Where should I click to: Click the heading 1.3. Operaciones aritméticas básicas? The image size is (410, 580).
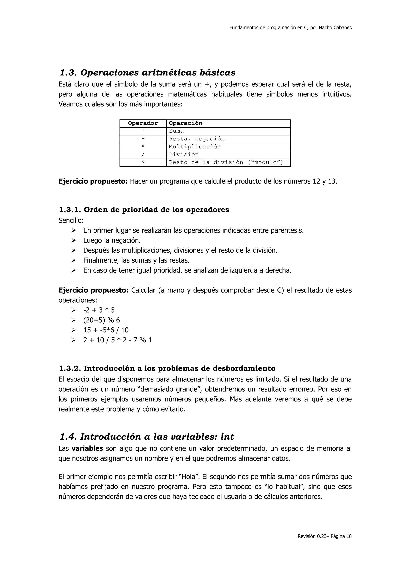(147, 73)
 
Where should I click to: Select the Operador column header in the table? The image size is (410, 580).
(143, 123)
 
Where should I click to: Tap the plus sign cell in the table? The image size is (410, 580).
(143, 131)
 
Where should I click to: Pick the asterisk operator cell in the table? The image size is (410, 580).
(143, 147)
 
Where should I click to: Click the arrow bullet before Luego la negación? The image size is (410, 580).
(73, 240)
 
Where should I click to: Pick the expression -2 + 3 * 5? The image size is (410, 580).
(99, 310)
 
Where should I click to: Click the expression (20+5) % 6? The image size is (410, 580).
(101, 320)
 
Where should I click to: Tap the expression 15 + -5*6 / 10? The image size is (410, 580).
(106, 330)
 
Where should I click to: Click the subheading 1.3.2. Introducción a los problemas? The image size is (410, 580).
(167, 369)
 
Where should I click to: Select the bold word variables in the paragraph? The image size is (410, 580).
(87, 448)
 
